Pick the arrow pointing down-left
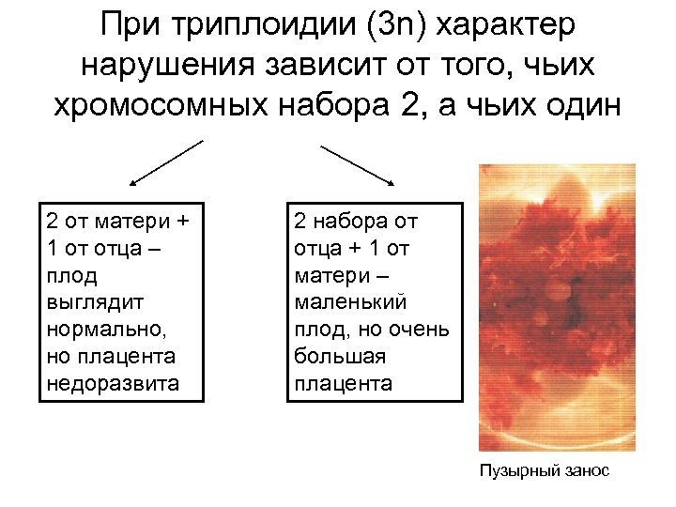click(165, 162)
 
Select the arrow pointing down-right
click(357, 163)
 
